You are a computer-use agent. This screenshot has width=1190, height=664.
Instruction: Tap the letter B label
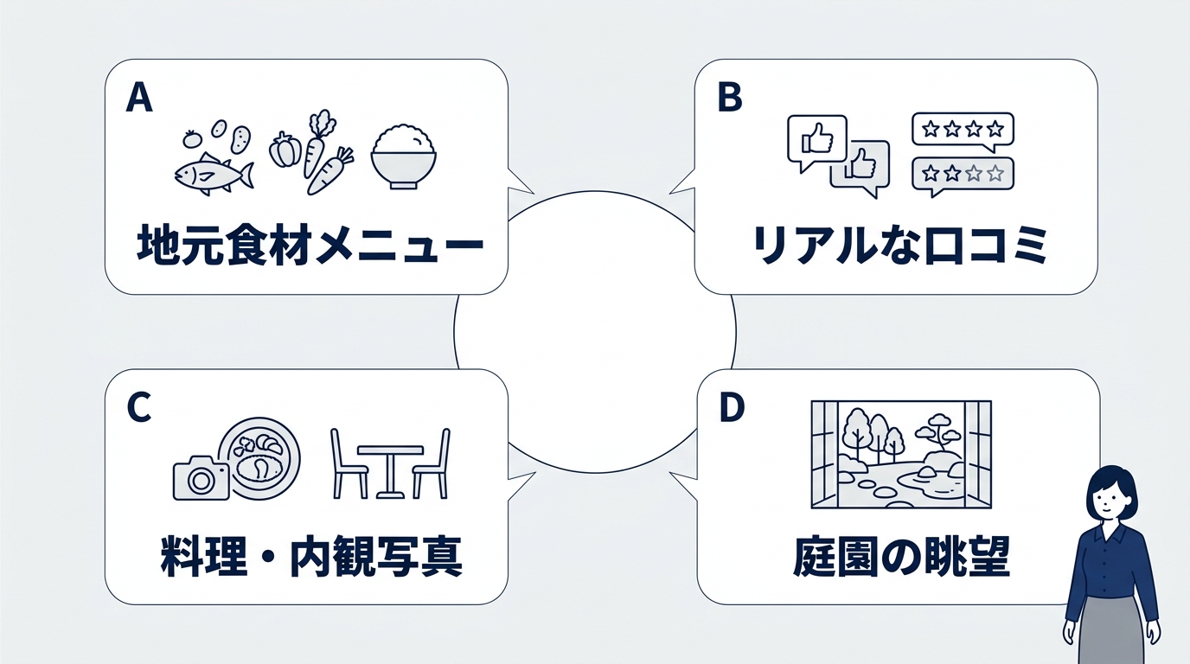click(730, 99)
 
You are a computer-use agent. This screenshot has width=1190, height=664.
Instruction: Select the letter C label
click(139, 407)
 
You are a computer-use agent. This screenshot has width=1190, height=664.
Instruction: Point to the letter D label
click(732, 407)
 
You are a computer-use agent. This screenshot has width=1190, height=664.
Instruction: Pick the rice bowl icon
click(404, 156)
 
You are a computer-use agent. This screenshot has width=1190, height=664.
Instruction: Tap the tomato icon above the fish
click(190, 139)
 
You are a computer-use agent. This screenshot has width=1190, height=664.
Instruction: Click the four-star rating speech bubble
click(963, 131)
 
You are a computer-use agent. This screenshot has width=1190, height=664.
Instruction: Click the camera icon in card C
click(202, 477)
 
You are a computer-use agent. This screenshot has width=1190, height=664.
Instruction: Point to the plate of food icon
click(260, 458)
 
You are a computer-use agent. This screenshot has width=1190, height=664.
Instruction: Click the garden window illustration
click(901, 454)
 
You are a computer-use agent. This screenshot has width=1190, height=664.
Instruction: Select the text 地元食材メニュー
click(310, 245)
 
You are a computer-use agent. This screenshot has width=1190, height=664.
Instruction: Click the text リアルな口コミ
click(899, 245)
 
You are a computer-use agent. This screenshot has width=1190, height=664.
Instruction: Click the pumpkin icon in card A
click(285, 150)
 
